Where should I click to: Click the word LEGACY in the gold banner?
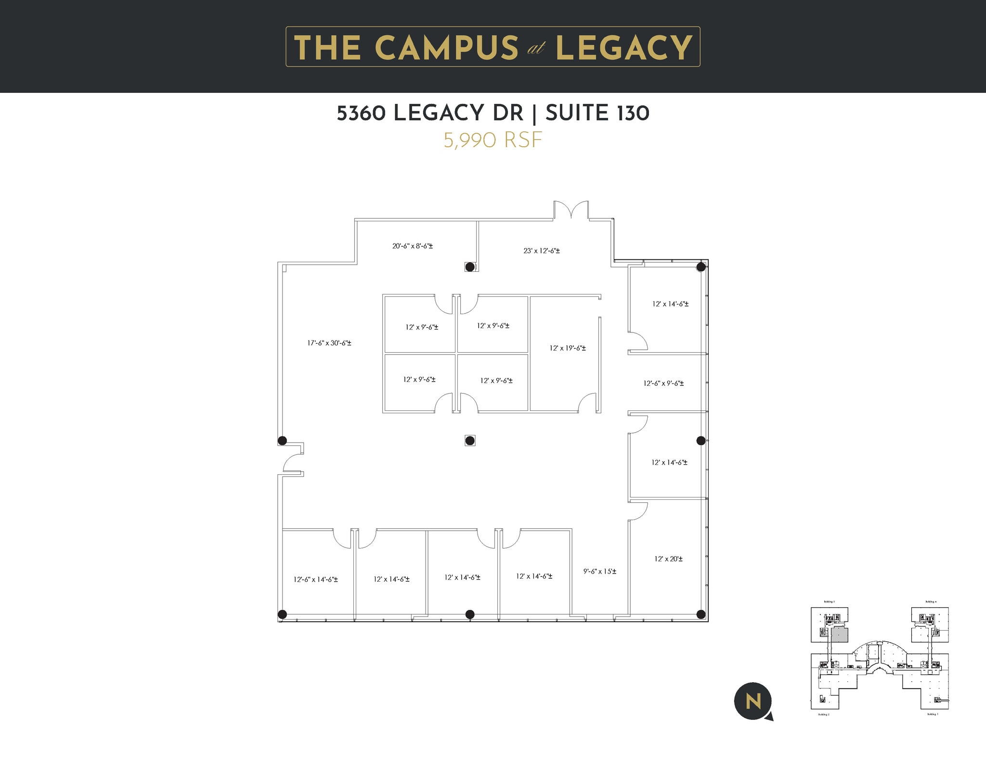coord(624,48)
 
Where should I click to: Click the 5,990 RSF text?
coord(493,140)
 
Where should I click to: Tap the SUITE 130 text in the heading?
coord(597,113)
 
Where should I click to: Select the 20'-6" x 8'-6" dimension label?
coord(412,246)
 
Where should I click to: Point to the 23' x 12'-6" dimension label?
coord(542,251)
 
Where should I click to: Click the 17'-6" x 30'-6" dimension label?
coord(329,343)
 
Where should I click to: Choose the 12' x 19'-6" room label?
coord(568,348)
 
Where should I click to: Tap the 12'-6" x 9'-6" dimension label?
coord(663,383)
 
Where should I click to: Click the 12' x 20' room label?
coord(668,559)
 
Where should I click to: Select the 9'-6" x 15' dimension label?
coord(600,572)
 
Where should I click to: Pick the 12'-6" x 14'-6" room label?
coord(315,579)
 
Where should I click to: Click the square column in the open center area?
coord(470,440)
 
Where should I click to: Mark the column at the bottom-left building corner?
coord(283,614)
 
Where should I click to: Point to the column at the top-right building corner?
coord(701,267)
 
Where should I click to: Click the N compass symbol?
coord(752,701)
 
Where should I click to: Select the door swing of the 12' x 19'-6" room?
coord(587,403)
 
